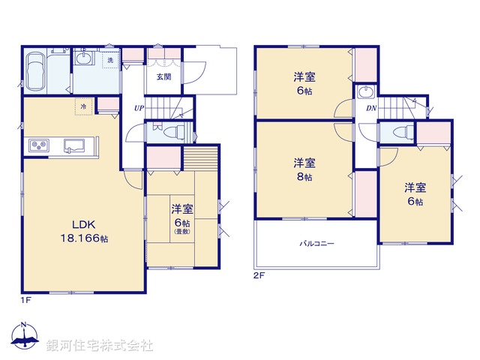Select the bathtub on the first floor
point(34,73)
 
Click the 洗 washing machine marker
point(109,59)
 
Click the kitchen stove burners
point(39,145)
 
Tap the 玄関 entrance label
point(164,76)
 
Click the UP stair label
point(139,108)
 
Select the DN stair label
point(370,109)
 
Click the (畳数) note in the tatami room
point(183,233)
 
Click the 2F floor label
point(259,274)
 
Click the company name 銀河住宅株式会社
point(100,346)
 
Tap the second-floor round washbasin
point(367,94)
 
